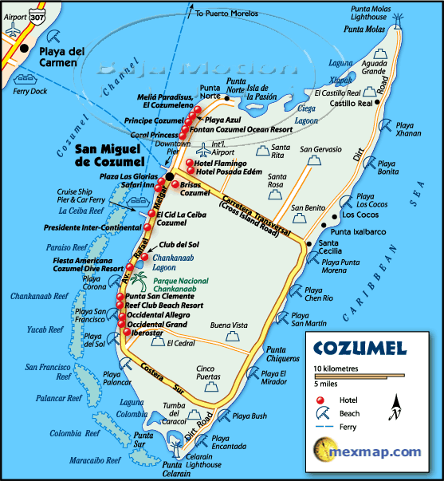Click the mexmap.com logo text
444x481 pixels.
coord(389,452)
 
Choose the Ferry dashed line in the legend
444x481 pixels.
coord(322,428)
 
